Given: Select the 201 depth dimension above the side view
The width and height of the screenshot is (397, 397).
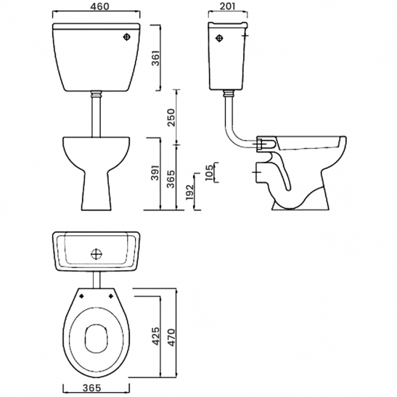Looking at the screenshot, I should (x=227, y=8).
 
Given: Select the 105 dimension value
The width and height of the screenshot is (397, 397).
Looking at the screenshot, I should (x=209, y=172).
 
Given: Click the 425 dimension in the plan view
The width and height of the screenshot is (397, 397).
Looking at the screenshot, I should (x=155, y=335).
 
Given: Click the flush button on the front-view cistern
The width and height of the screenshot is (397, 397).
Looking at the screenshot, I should (x=126, y=37).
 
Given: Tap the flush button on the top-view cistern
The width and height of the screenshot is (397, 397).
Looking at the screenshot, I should (x=96, y=252).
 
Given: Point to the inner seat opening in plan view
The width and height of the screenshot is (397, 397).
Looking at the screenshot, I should (x=96, y=338).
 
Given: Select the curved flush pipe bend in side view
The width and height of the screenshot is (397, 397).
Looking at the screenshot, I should (x=233, y=138).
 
